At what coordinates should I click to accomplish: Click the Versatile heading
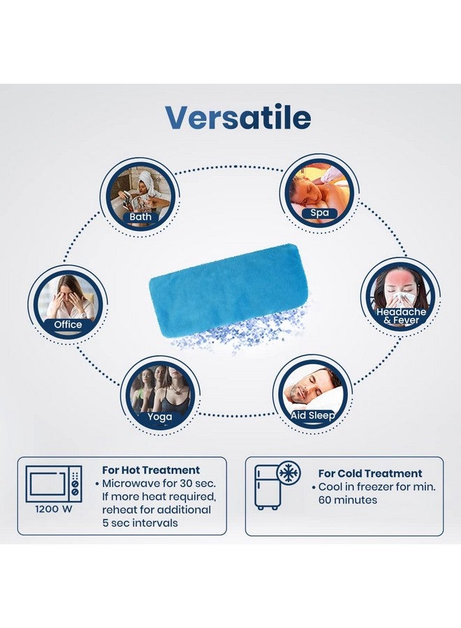pos(238,117)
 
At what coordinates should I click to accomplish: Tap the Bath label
pos(140,217)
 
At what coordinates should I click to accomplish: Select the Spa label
pos(319,213)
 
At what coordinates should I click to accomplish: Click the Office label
pos(68,324)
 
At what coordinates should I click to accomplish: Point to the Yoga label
pos(159,417)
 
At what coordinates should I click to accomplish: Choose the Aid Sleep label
pos(313,415)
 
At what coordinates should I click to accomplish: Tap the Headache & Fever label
pos(401,316)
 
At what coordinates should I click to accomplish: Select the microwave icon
pos(54,484)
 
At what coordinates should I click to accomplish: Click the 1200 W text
pos(53,509)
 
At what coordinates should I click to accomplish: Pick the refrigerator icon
pos(268,487)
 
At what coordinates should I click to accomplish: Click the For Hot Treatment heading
pos(151,470)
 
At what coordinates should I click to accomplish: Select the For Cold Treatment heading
pos(370,473)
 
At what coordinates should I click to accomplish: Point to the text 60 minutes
pos(348,500)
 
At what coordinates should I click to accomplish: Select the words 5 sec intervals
pos(140,523)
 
